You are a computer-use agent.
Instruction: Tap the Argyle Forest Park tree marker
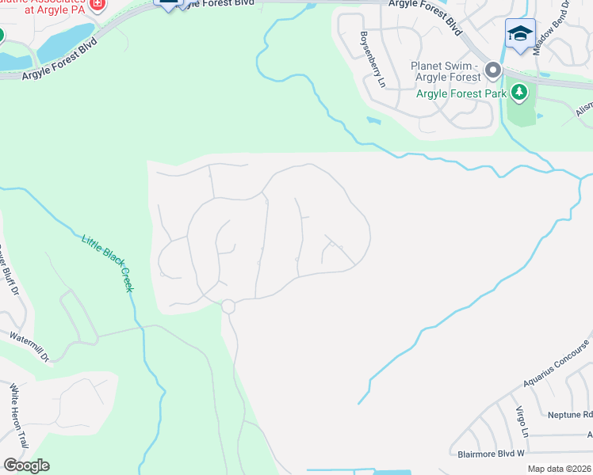tap(519, 93)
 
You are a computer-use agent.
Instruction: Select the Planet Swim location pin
tap(492, 71)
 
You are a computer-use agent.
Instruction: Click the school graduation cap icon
tap(520, 34)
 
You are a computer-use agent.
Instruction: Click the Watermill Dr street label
tap(29, 347)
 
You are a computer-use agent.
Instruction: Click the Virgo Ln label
tap(522, 422)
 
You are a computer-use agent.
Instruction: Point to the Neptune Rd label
tap(570, 415)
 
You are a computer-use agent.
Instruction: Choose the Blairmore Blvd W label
tap(492, 454)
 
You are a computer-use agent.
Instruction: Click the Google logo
tap(25, 465)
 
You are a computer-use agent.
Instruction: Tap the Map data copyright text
tap(560, 469)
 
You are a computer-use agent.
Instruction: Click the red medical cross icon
tap(97, 4)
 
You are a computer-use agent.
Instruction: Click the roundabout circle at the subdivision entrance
tap(228, 306)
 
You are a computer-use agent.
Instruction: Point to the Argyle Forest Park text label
tap(462, 94)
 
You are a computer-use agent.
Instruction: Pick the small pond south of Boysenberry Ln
tap(373, 121)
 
